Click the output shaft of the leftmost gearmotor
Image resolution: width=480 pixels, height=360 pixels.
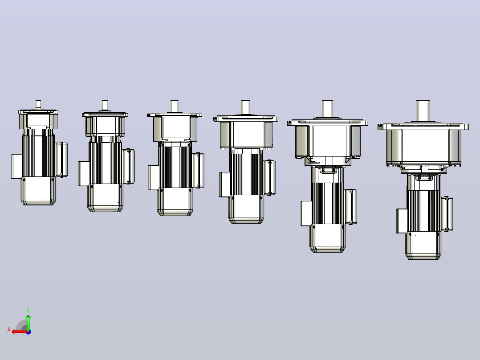tap(38, 104)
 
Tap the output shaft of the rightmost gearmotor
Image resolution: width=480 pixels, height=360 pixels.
tap(423, 111)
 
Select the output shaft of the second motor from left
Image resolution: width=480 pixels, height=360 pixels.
tap(105, 105)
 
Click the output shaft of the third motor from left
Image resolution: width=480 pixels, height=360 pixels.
tap(175, 106)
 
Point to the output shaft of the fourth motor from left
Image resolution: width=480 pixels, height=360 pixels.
tap(245, 107)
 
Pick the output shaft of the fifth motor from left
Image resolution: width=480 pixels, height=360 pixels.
tap(327, 108)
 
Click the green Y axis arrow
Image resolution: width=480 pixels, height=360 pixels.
tap(28, 322)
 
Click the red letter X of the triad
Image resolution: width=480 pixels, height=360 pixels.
tap(9, 330)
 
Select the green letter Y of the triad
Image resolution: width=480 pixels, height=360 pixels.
tap(28, 310)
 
